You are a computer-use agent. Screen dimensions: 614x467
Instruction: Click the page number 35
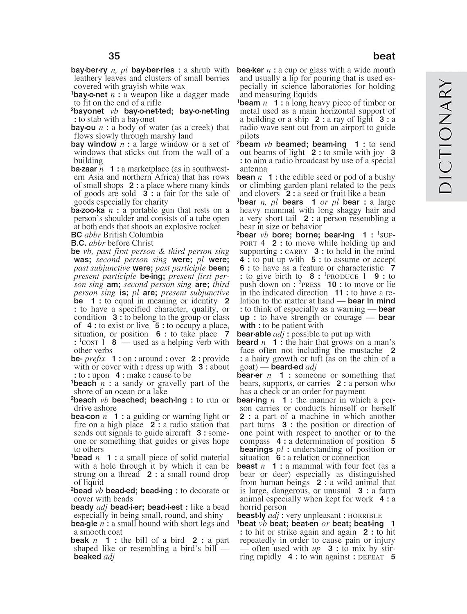(114, 56)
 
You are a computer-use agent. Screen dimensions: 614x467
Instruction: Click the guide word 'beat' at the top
(384, 56)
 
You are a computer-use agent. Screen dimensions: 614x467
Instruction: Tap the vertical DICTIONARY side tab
(446, 137)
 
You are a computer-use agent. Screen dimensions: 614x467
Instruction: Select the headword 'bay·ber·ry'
(89, 70)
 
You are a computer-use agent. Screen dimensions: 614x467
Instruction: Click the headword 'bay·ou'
(83, 128)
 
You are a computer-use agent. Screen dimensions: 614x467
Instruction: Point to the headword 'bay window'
(93, 144)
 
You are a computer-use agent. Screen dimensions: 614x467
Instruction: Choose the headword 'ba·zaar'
(84, 169)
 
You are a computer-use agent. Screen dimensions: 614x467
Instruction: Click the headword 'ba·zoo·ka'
(88, 210)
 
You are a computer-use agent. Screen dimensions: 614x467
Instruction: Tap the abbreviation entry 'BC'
(77, 235)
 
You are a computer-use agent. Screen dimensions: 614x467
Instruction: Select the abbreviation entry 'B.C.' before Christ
(78, 243)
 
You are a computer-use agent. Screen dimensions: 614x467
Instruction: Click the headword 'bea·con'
(85, 416)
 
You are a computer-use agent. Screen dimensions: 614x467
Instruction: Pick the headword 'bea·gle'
(84, 524)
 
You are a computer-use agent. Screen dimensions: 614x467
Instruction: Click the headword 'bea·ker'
(250, 70)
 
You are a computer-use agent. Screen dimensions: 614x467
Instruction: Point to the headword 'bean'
(246, 177)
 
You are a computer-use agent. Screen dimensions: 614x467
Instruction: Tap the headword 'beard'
(247, 342)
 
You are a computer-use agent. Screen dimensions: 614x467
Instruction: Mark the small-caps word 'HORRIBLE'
(363, 516)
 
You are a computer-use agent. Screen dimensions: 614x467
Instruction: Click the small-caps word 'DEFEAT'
(371, 557)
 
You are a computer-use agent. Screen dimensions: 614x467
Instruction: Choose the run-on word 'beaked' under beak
(87, 557)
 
